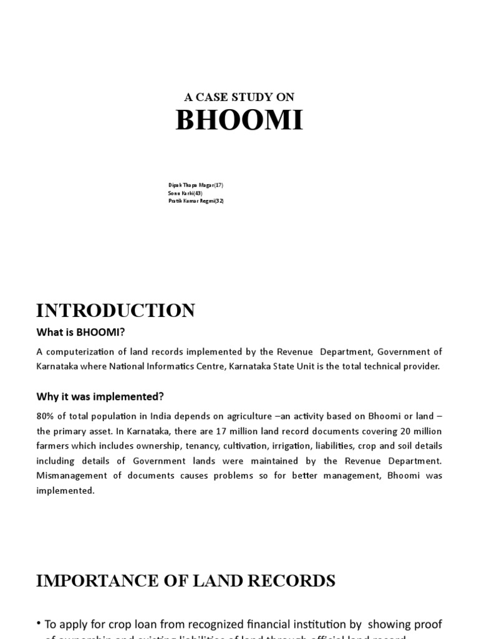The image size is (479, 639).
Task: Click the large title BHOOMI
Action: point(239,120)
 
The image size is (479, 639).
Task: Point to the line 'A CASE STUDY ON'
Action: point(239,97)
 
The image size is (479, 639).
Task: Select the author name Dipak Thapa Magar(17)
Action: point(195,185)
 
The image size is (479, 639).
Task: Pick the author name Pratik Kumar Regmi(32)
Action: point(196,201)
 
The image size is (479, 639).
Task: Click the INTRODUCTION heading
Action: point(115,310)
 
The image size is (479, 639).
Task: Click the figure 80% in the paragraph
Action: point(46,416)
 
